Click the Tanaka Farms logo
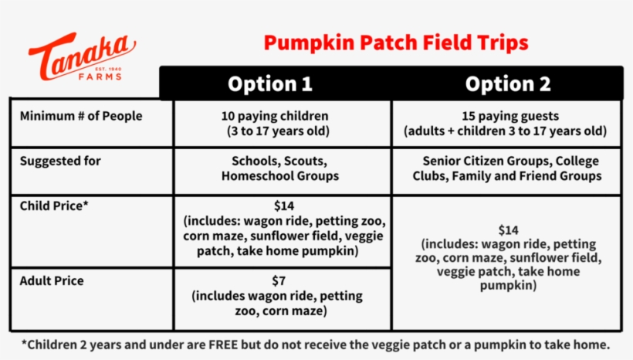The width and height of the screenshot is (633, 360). coord(82,56)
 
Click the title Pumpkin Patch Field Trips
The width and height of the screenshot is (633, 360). coord(396,42)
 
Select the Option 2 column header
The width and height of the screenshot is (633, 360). coord(507,84)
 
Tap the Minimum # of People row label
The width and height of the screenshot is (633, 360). coord(81,117)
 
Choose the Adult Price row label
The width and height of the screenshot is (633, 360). coord(52,280)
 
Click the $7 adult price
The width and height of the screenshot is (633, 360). coord(279,280)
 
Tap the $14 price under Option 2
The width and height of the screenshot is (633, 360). coord(508,229)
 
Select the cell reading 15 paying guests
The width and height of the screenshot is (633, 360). coord(507,117)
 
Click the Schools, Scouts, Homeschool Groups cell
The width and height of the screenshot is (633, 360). coord(279,168)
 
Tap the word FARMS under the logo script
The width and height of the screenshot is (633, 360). coord(100,76)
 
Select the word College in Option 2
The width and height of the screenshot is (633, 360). coord(577,161)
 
